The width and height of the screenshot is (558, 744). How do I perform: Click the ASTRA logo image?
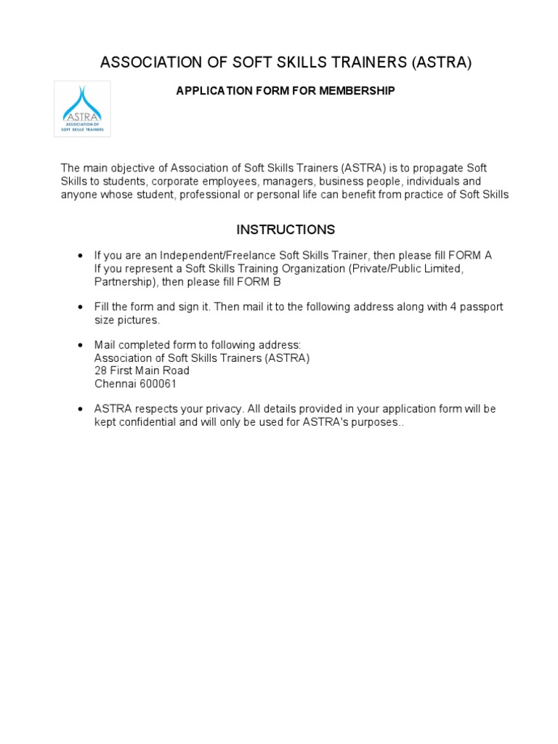tap(83, 109)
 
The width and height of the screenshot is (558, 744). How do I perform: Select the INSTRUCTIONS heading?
tap(286, 230)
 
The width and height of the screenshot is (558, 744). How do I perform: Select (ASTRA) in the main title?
tap(442, 63)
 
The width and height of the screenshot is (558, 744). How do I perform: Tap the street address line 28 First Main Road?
tap(142, 371)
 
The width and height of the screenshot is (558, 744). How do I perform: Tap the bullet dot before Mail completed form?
tap(80, 345)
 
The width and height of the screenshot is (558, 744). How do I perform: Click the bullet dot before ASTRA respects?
tap(80, 410)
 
